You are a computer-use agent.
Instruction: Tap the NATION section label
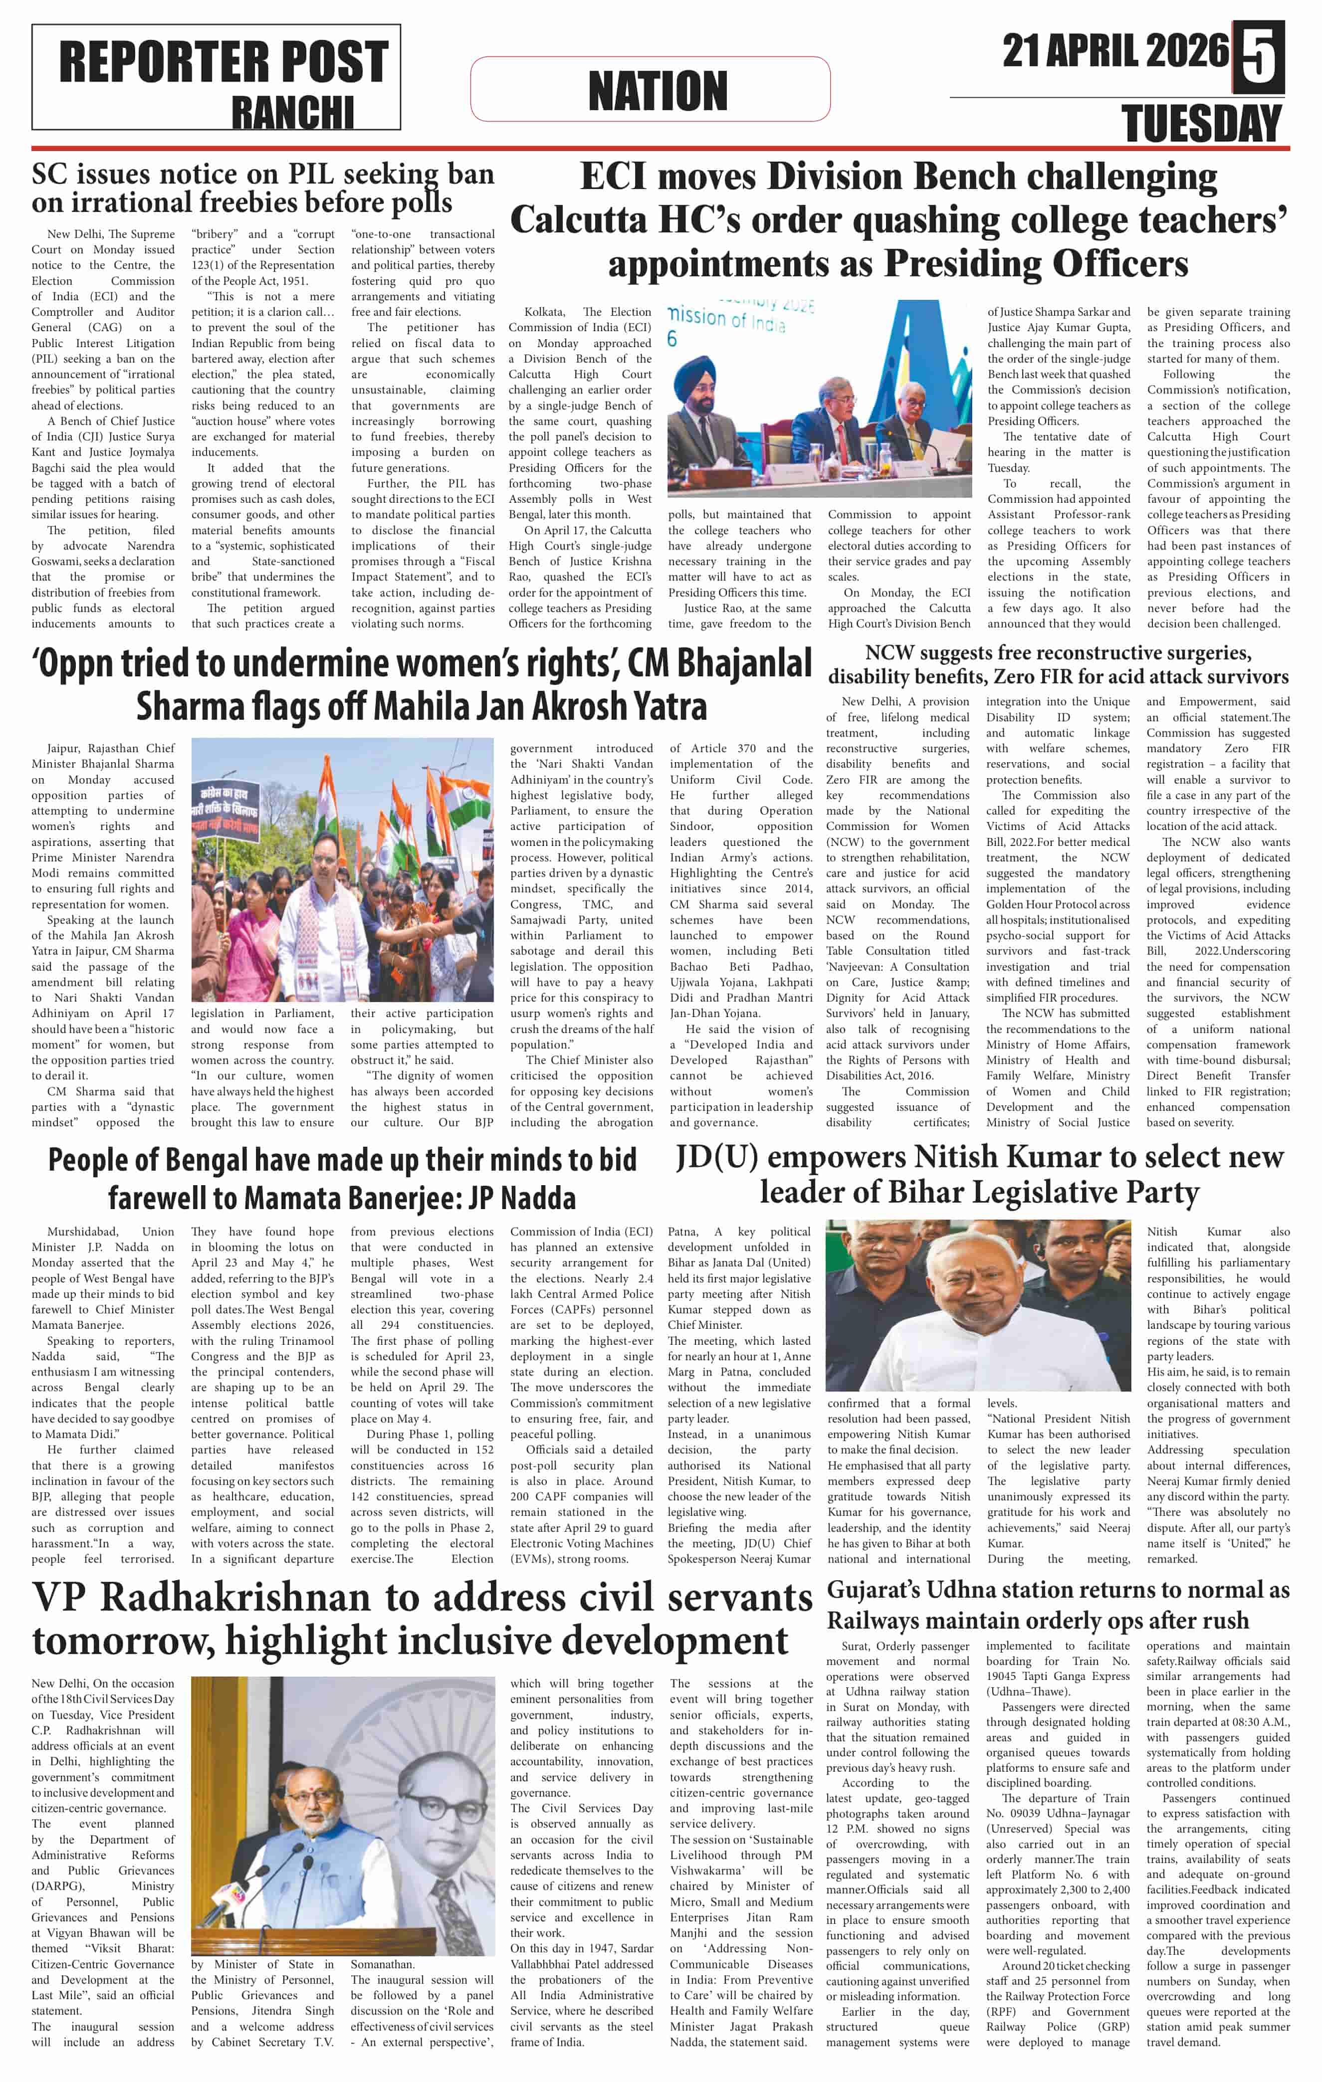pos(657,90)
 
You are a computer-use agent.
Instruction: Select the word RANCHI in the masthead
pos(292,112)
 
